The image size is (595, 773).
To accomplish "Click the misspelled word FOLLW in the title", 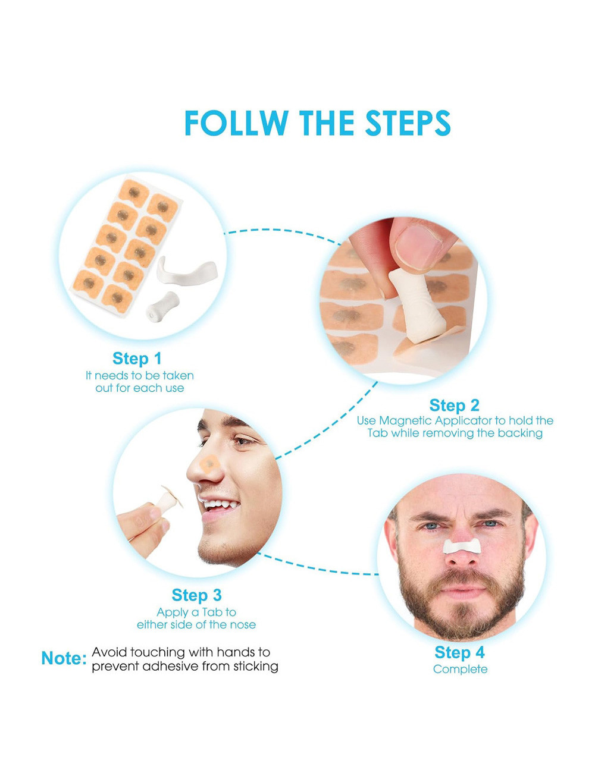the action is (x=236, y=122).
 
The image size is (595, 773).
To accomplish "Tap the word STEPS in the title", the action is (x=408, y=122).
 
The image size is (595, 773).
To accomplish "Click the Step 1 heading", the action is (x=137, y=358).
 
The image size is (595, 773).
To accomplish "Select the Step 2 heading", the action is (x=455, y=405).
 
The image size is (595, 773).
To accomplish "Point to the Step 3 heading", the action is (x=196, y=595).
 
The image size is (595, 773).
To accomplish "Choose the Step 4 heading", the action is (x=459, y=652).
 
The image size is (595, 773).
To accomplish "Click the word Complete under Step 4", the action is (x=460, y=670).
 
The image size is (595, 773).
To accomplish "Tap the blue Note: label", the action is (x=64, y=658).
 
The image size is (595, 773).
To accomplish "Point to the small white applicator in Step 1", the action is (x=162, y=307).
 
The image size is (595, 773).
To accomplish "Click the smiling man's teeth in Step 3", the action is (x=218, y=504).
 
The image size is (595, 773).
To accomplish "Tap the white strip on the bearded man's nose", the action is (x=462, y=546).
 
